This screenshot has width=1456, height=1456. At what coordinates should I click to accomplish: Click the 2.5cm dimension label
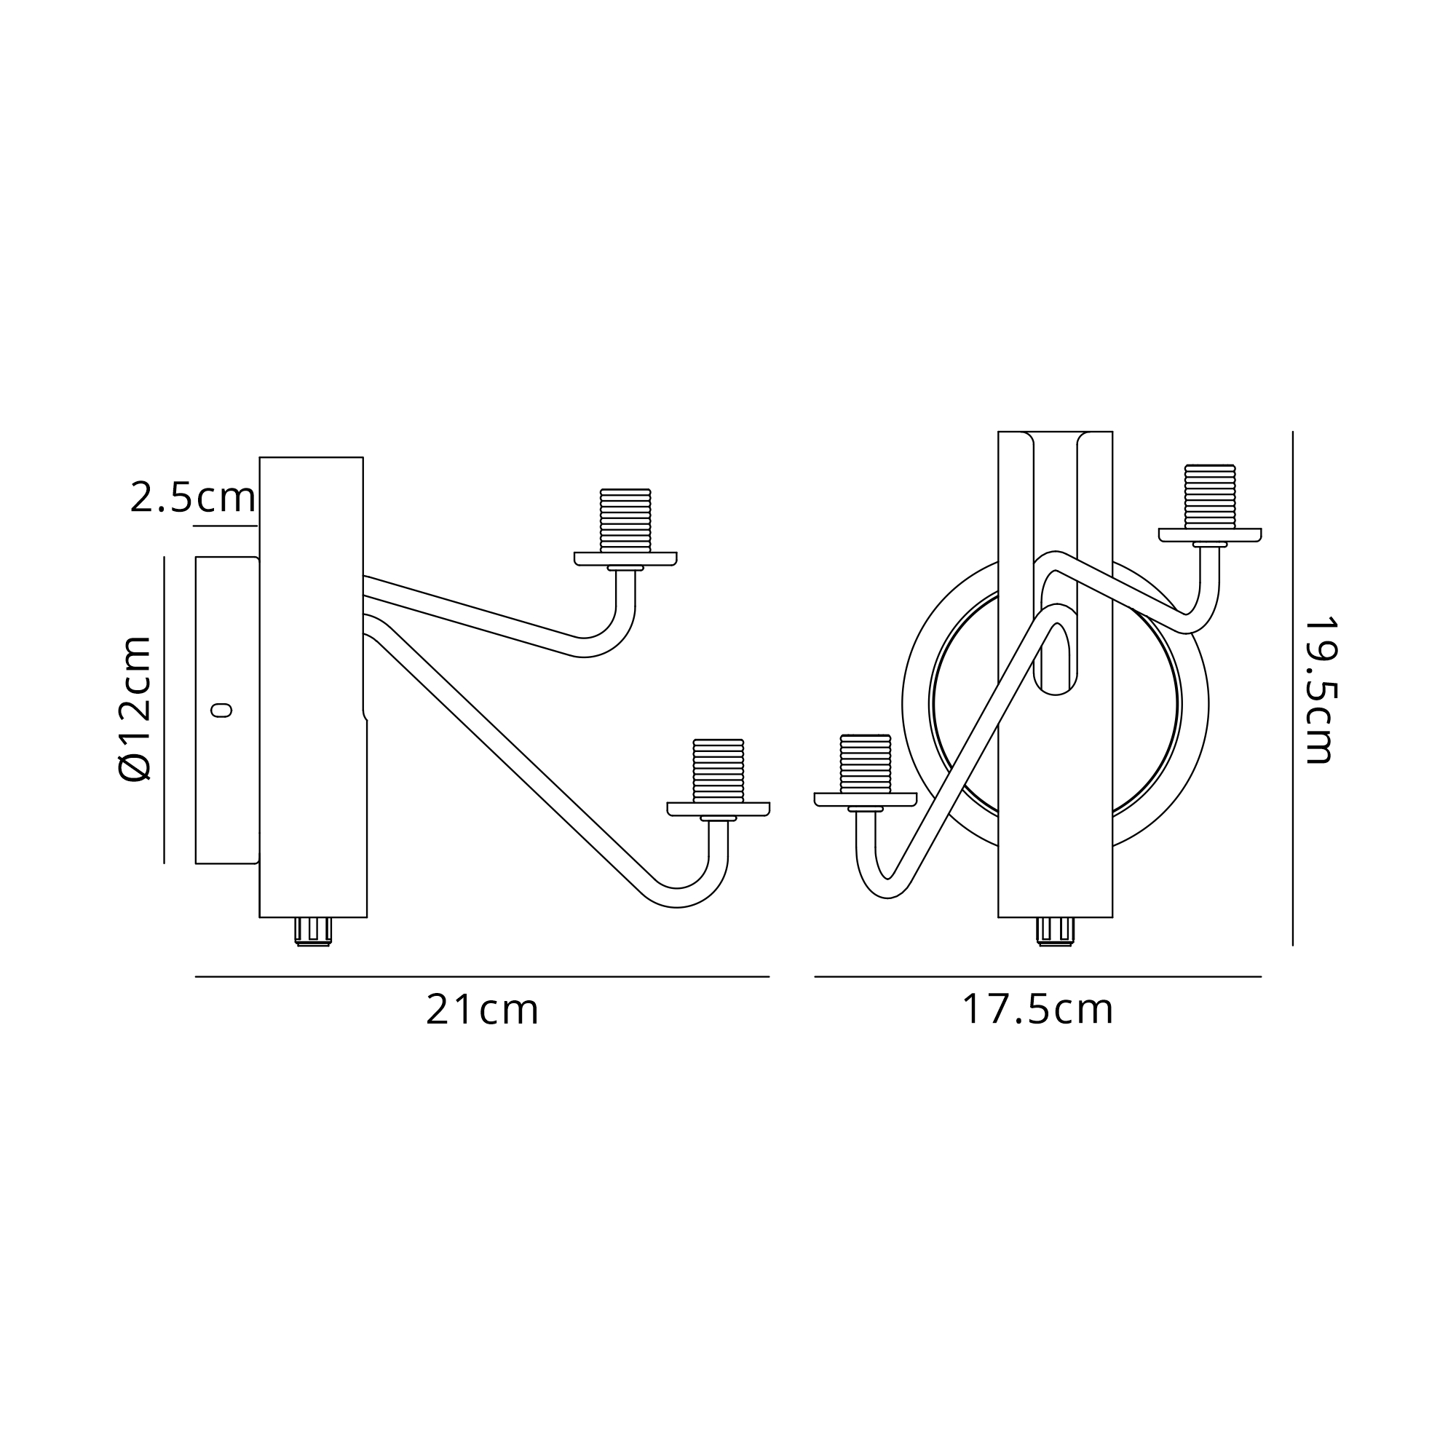tap(193, 497)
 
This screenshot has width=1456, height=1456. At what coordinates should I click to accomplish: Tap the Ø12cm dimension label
tap(135, 708)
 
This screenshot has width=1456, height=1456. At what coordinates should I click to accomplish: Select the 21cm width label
tap(483, 1010)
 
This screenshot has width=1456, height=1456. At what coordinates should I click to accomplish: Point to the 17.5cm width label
tap(1037, 1010)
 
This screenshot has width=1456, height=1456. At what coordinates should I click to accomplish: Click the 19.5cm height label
tap(1320, 691)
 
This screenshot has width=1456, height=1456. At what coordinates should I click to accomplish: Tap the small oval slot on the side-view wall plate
tap(221, 710)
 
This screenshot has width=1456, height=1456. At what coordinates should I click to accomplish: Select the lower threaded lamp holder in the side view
tap(719, 770)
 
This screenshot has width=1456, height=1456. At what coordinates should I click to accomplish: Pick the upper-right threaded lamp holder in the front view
tap(1209, 496)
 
